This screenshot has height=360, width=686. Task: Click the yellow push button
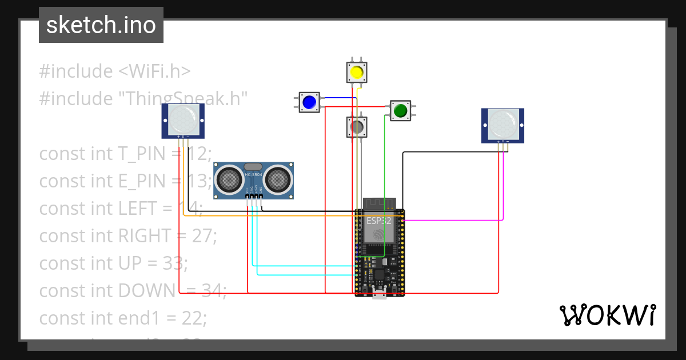[357, 73]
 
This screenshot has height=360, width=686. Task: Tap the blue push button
[309, 102]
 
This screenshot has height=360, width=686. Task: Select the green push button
[400, 110]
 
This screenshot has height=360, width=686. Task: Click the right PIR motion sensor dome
[502, 123]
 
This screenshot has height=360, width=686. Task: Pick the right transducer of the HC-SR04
[276, 180]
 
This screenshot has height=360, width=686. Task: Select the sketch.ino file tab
[101, 25]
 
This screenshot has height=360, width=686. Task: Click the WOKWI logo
[607, 315]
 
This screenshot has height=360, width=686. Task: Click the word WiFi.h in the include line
[154, 71]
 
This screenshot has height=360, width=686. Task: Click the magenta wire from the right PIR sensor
[503, 189]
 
